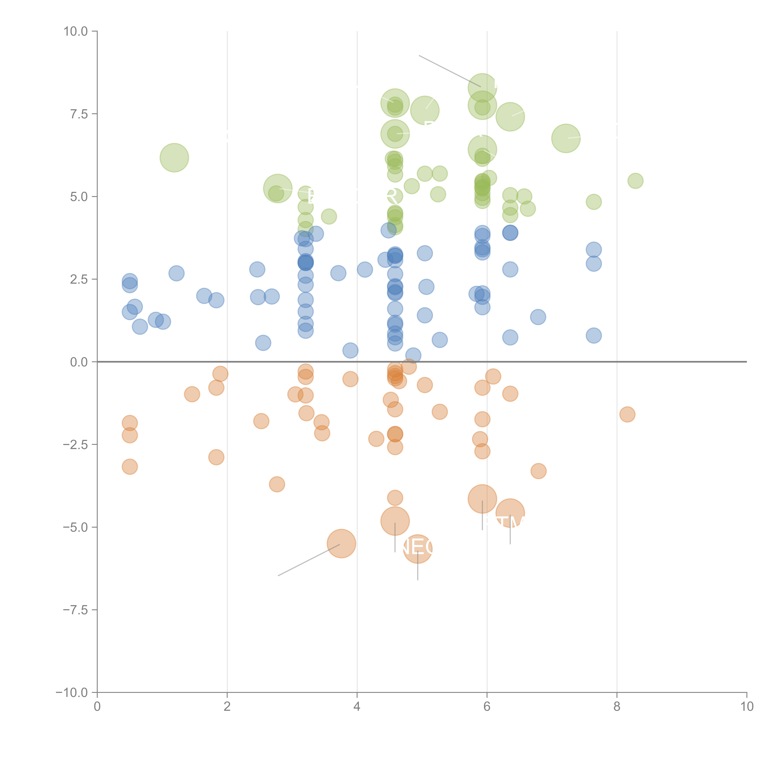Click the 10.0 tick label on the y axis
coord(76,31)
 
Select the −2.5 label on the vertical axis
coord(75,445)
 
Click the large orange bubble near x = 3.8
coord(342,544)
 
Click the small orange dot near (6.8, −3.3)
coord(538,471)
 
